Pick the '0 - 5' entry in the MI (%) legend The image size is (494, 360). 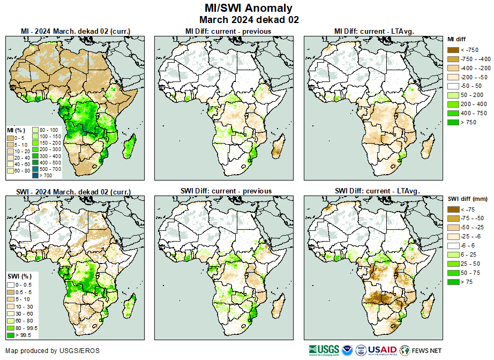coord(10,138)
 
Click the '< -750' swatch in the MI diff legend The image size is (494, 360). coord(454,49)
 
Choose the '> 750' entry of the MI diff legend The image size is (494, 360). coord(454,122)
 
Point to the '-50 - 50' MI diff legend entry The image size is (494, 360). coord(454,86)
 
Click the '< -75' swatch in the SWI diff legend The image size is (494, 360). coord(454,209)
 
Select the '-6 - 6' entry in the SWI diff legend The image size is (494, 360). coord(454,245)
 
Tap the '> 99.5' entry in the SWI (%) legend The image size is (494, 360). coord(11,335)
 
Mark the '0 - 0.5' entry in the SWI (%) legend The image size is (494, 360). coord(11,284)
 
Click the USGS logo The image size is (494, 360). coord(324,350)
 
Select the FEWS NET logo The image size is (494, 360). coord(421,350)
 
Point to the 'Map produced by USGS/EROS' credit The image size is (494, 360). coord(53,351)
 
